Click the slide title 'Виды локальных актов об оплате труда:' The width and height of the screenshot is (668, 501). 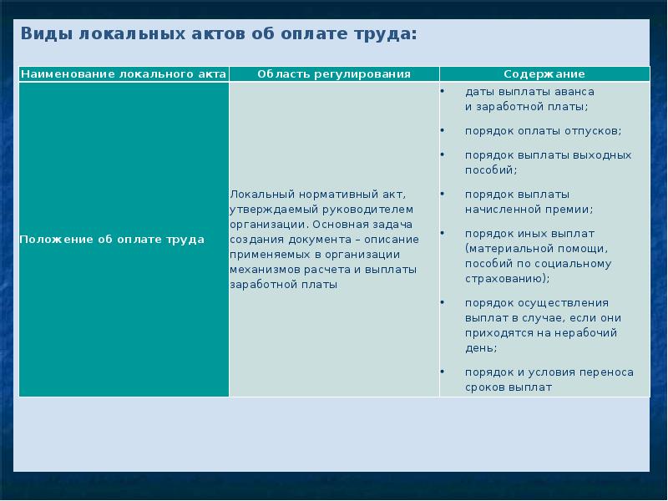[x=218, y=34]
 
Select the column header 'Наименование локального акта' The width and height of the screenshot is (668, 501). [x=124, y=74]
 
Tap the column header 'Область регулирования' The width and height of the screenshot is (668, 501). [x=334, y=74]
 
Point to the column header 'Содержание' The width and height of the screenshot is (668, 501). [x=544, y=74]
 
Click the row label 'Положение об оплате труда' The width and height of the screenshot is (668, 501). [x=112, y=240]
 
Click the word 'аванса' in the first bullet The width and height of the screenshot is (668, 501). [x=575, y=91]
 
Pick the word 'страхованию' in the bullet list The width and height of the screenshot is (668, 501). [x=505, y=279]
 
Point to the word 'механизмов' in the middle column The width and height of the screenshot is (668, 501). [x=260, y=270]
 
